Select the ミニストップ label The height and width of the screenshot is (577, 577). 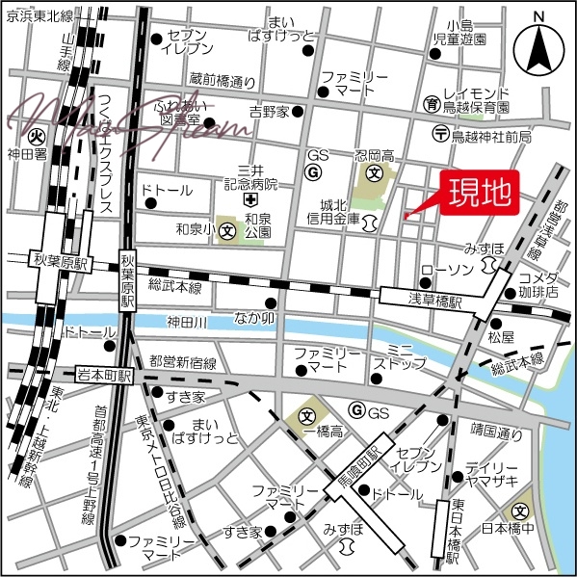click(399, 355)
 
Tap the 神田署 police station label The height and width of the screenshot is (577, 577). click(26, 153)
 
